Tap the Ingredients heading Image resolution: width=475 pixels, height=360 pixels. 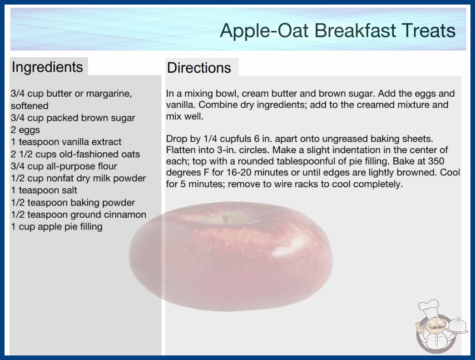point(47,67)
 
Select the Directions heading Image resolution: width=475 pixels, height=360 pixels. point(199,68)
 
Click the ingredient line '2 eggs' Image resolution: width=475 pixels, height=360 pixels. point(25,130)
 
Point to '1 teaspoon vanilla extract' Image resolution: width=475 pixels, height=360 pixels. point(66,142)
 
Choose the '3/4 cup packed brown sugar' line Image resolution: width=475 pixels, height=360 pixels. point(73,118)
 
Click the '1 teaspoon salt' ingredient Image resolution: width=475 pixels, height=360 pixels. point(44,190)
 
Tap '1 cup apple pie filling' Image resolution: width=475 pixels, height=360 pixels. point(57,226)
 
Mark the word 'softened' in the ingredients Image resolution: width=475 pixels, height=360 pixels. point(30,105)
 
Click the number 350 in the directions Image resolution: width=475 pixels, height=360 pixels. point(436,161)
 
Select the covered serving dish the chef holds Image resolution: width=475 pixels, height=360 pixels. point(458,327)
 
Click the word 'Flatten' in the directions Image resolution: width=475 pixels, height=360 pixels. point(178,150)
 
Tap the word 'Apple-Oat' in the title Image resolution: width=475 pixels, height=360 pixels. point(264,31)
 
